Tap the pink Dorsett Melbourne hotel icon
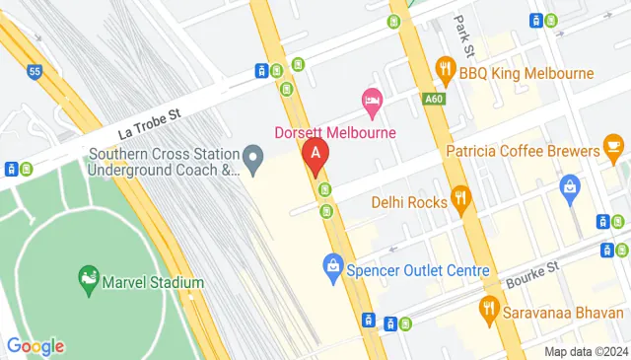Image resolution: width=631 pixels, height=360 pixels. coord(372,101)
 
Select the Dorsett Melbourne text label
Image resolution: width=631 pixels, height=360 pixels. coord(334,132)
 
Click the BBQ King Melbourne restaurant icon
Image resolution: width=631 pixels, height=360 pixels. coord(446,71)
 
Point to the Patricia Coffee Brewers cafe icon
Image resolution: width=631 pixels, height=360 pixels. coord(613,150)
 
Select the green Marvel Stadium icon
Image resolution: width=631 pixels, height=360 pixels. coord(90,282)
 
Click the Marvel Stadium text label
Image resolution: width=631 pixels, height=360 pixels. coord(155,283)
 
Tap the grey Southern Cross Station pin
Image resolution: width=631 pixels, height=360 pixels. coord(253,158)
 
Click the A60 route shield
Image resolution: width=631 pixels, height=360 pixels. coord(432,99)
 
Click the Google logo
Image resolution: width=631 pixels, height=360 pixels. coord(35,345)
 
